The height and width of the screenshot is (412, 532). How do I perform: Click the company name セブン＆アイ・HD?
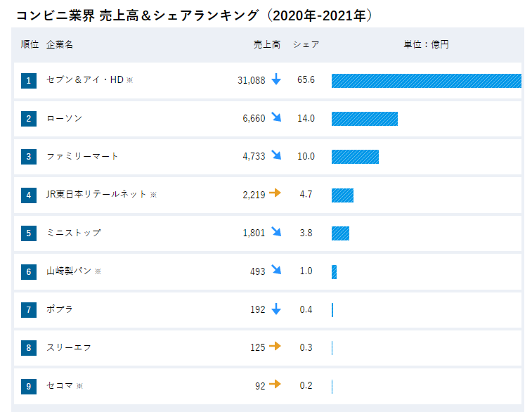(x=84, y=80)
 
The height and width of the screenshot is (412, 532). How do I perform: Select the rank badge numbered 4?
(x=29, y=195)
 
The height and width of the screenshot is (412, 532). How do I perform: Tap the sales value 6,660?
(x=254, y=118)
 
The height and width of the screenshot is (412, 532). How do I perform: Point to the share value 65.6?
(x=306, y=80)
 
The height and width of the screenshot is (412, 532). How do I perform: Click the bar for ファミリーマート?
(x=355, y=157)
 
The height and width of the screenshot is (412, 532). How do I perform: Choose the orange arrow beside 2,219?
(x=275, y=193)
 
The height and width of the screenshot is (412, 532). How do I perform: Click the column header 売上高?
(x=267, y=44)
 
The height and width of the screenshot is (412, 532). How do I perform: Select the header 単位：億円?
(x=426, y=44)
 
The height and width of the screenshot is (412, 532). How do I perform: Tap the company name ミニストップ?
(x=74, y=233)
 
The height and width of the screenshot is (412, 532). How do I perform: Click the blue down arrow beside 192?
(x=275, y=309)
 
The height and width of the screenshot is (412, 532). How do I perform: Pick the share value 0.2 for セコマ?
(x=306, y=385)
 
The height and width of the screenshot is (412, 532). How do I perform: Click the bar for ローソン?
(x=364, y=118)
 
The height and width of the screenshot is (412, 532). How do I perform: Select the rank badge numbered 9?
(x=29, y=386)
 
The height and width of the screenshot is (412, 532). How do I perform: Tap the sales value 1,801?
(x=254, y=233)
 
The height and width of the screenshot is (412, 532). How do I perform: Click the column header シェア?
(x=306, y=44)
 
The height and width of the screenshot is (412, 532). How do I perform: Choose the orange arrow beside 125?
(x=275, y=346)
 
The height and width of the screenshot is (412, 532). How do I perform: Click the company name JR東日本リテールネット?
(x=96, y=194)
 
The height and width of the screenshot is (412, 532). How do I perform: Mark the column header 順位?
(x=30, y=44)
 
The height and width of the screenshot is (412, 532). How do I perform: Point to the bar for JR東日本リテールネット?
(x=342, y=195)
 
